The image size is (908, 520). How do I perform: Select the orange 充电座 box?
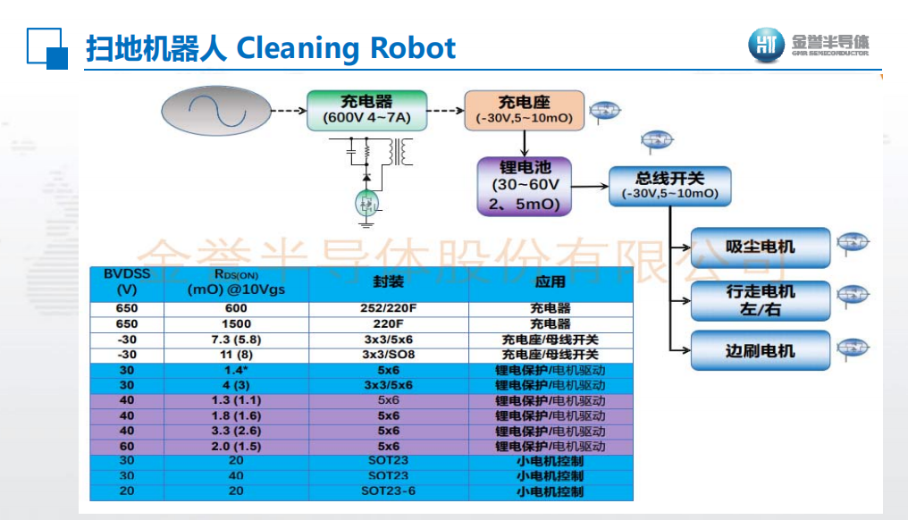pyautogui.click(x=524, y=110)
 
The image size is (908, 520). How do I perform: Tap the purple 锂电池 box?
pyautogui.click(x=525, y=186)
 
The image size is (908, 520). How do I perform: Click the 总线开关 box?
pyautogui.click(x=669, y=186)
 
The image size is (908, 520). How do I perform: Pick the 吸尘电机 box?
pyautogui.click(x=760, y=247)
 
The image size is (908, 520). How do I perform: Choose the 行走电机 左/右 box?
pyautogui.click(x=760, y=300)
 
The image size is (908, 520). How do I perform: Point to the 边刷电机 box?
pyautogui.click(x=760, y=350)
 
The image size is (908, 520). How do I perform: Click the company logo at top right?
pyautogui.click(x=808, y=45)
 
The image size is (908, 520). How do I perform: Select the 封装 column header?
pyautogui.click(x=388, y=282)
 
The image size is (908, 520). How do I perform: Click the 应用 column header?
pyautogui.click(x=550, y=282)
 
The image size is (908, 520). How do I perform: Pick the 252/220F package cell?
pyautogui.click(x=388, y=308)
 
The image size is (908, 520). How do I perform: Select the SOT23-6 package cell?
pyautogui.click(x=388, y=491)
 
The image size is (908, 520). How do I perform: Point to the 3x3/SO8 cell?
pyautogui.click(x=388, y=354)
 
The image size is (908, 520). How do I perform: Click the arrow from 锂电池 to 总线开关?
pyautogui.click(x=590, y=186)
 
